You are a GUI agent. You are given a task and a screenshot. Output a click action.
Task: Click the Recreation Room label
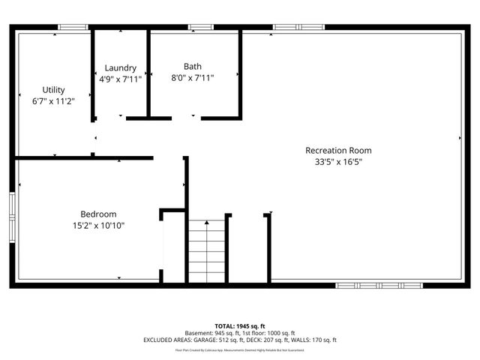tap(338, 150)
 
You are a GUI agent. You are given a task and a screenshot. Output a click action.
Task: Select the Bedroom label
tap(98, 214)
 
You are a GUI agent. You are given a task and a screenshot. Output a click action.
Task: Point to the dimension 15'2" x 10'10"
tap(98, 225)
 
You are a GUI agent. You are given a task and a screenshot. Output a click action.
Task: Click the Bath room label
tap(193, 66)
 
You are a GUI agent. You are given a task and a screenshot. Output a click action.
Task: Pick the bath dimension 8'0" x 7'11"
tap(193, 77)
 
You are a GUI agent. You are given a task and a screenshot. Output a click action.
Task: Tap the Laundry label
tap(120, 67)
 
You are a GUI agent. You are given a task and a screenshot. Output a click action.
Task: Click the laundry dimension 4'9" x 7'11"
tap(120, 78)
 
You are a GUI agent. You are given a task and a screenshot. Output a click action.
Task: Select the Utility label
tap(53, 89)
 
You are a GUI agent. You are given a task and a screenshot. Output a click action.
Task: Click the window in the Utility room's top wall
tap(73, 28)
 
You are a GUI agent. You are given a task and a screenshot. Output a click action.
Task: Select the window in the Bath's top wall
tap(200, 28)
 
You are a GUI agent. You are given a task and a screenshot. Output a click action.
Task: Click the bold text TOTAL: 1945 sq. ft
tap(240, 325)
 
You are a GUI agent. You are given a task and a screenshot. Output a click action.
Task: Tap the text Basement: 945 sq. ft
tap(214, 332)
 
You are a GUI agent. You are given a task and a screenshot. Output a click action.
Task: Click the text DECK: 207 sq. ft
tap(277, 340)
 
